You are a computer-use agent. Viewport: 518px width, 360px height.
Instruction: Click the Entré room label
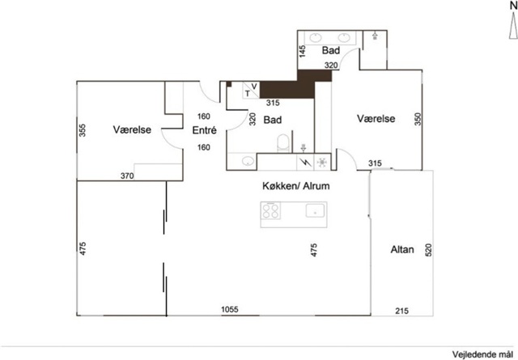coord(204,130)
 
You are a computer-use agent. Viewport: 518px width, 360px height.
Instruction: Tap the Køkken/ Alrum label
coord(296,186)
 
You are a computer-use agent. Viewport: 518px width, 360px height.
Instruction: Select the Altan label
coord(402,249)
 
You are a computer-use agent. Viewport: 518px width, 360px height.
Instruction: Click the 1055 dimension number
coord(230,310)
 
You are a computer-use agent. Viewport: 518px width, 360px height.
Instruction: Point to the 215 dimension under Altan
coord(401,311)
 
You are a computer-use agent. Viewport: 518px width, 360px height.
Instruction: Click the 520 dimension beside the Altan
coord(428,250)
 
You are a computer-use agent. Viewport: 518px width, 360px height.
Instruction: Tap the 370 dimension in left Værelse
coord(127,176)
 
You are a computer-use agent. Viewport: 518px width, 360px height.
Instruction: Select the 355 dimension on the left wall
coord(83,130)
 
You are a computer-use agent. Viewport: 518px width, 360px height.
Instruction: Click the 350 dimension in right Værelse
coord(418,119)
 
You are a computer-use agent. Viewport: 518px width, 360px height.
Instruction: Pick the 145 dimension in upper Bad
coord(302,52)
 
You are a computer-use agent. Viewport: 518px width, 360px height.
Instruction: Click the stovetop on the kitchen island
coord(270,210)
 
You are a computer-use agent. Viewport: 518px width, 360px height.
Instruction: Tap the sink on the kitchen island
coord(315,210)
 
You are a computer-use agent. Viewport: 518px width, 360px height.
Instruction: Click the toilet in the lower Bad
coord(282,142)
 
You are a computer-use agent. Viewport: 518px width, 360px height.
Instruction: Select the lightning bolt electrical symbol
coord(305,162)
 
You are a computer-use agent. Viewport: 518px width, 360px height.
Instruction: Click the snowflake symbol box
coord(322,162)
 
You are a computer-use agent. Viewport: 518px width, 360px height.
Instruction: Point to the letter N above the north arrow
coord(513,6)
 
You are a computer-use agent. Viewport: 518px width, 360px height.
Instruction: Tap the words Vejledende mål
coord(482,354)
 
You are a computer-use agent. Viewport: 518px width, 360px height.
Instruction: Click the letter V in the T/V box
coord(254,87)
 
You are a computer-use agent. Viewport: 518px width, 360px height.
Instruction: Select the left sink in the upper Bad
coord(316,38)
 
